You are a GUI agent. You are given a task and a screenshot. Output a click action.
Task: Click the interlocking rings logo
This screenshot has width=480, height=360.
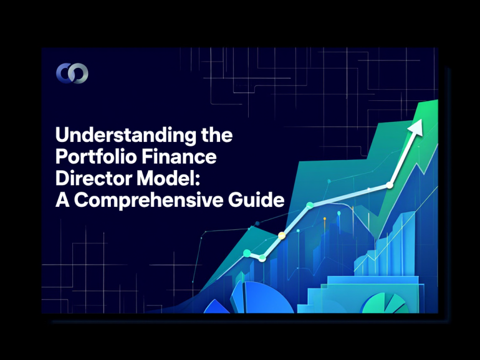pyautogui.click(x=72, y=73)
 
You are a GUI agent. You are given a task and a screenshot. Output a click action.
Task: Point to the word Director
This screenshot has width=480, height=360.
pyautogui.click(x=89, y=179)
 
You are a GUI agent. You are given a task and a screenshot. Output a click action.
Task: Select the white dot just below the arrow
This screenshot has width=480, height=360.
pyautogui.click(x=390, y=185)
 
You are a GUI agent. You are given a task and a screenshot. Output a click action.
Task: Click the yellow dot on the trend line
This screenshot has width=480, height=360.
pyautogui.click(x=282, y=235)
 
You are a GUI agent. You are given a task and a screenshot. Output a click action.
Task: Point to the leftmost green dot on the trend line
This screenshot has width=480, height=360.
pyautogui.click(x=247, y=252)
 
